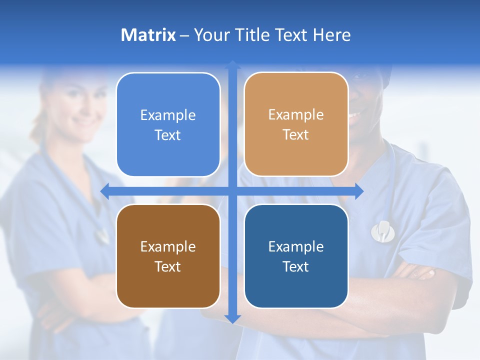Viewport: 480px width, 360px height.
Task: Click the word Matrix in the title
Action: [x=148, y=35]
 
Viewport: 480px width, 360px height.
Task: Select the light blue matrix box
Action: [x=168, y=124]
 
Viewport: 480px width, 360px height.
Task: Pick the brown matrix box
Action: [x=168, y=256]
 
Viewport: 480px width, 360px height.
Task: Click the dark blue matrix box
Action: [x=296, y=256]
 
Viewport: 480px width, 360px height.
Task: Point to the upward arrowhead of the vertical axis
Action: [x=232, y=64]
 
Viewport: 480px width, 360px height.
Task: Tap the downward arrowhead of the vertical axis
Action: [x=232, y=318]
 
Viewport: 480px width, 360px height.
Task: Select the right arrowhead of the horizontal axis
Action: [x=359, y=191]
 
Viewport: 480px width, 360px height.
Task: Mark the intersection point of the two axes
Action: [x=232, y=191]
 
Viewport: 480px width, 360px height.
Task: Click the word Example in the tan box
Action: [x=296, y=114]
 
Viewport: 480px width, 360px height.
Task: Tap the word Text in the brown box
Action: [x=167, y=266]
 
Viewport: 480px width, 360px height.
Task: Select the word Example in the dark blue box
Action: [x=296, y=246]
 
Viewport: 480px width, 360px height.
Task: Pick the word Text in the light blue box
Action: [x=167, y=135]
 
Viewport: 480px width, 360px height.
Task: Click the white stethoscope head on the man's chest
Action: [x=382, y=230]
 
